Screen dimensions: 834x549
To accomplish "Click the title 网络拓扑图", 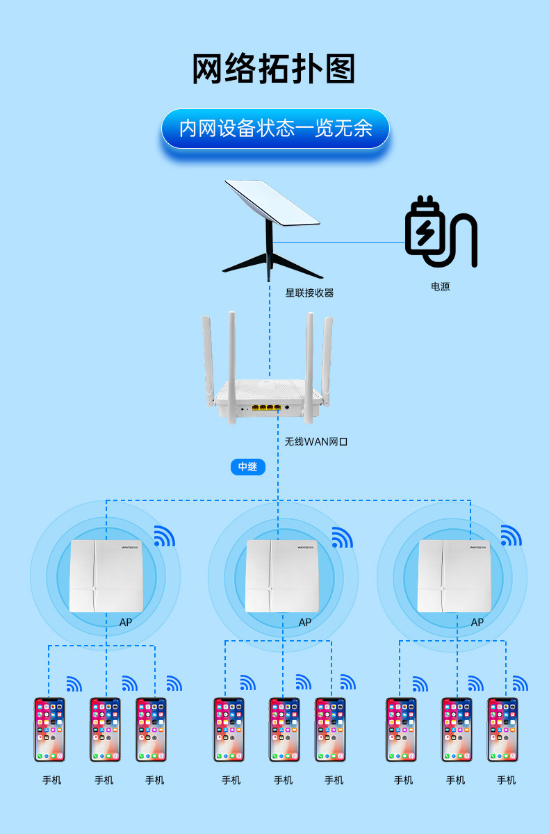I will [274, 69].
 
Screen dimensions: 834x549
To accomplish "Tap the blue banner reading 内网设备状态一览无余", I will [275, 129].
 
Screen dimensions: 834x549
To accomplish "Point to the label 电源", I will [440, 286].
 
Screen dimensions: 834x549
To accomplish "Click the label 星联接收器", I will [309, 293].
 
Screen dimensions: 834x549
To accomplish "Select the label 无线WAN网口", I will [316, 441].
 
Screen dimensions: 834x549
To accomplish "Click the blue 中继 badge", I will [248, 466].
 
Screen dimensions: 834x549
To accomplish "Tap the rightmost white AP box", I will [455, 576].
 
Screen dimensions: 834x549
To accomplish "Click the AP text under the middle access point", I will [304, 622].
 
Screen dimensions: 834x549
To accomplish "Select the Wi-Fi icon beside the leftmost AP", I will [164, 537].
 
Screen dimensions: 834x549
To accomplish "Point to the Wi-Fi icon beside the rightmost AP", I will [511, 537].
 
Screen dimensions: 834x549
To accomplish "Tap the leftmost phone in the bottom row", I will [50, 729].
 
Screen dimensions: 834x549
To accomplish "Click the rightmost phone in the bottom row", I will [502, 729].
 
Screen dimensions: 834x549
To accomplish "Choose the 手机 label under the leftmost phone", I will [51, 780].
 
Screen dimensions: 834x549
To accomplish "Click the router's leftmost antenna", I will [208, 358].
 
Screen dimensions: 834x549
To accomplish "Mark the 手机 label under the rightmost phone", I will [506, 780].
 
